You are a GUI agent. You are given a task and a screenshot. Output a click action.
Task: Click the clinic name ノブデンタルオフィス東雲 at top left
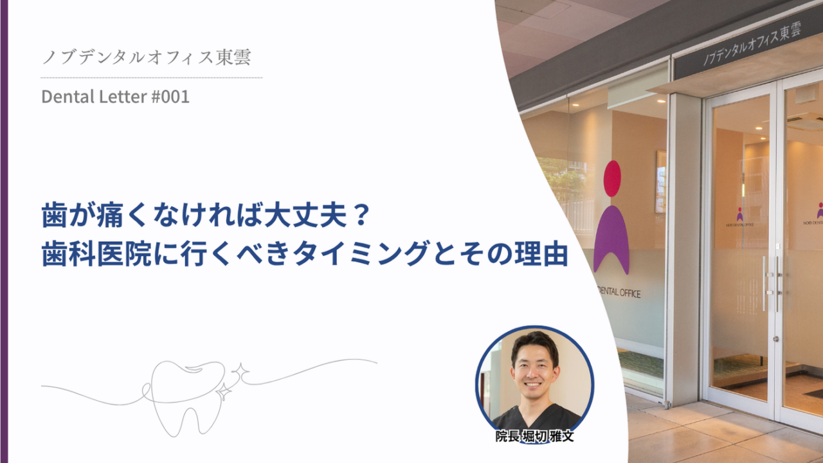click(x=147, y=57)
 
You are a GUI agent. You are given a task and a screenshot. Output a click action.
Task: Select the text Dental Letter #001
click(x=115, y=96)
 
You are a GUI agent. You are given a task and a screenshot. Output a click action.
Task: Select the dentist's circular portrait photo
click(x=534, y=383)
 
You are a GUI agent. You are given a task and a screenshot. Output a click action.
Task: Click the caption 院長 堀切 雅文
click(x=534, y=436)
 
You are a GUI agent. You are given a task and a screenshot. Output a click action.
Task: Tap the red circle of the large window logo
click(x=612, y=179)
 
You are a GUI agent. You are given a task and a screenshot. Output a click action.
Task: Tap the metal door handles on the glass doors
click(x=772, y=282)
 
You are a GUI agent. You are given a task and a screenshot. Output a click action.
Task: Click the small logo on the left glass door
click(x=740, y=217)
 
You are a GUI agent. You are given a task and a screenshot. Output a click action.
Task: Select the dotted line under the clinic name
click(x=151, y=78)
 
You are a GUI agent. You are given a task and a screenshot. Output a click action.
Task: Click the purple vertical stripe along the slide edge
click(x=4, y=232)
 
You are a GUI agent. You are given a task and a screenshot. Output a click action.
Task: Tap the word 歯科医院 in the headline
click(x=96, y=254)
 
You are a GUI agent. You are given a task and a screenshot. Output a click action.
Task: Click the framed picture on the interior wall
click(x=661, y=182)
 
